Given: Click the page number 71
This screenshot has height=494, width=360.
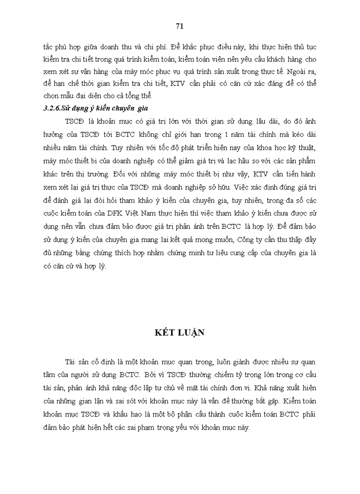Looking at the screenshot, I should [179, 26].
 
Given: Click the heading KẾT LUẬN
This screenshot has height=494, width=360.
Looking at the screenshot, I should [179, 332].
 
